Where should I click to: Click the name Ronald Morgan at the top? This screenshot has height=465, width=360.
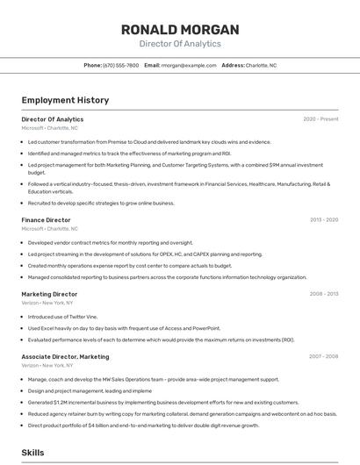coord(180,30)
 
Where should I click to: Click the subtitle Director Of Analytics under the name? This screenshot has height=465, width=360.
coord(180,44)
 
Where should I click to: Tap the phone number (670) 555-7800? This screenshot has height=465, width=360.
coord(120,65)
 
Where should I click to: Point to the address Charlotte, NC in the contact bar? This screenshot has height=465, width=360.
coord(261,65)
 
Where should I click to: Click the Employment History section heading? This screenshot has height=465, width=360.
coord(65,101)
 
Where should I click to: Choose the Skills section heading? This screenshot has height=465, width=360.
coord(33,453)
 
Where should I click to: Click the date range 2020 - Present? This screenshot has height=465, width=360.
coord(320,119)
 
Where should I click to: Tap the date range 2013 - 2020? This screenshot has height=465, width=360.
coord(324,220)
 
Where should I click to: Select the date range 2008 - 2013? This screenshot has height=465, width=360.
coord(324,295)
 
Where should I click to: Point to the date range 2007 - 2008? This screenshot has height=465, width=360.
coord(324,357)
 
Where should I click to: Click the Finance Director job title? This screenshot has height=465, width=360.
coord(46,220)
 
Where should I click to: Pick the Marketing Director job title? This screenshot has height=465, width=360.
coord(49,295)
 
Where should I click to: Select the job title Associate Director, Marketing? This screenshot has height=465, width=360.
coord(65,357)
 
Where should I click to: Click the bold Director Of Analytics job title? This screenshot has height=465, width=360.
coord(53,119)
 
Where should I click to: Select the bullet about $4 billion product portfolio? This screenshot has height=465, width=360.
coord(143,425)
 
